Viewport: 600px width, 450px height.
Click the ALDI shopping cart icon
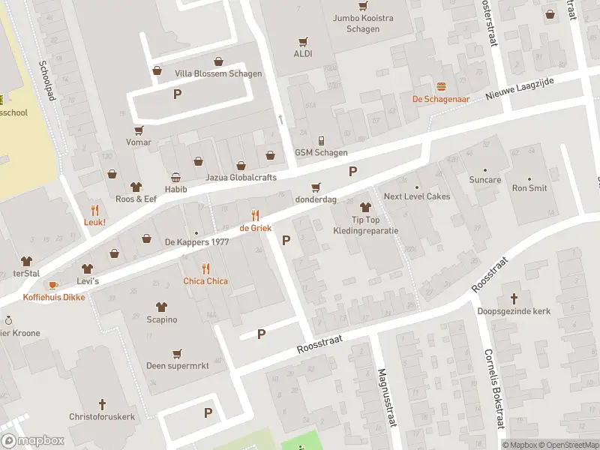coord(303,42)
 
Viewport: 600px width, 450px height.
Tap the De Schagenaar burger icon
coord(441,87)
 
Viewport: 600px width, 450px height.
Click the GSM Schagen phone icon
coord(321,141)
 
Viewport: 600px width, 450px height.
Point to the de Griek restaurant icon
coord(255,215)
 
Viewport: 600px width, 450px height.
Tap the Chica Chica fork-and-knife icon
coord(205,268)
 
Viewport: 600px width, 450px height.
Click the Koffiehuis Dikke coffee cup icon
coord(53,285)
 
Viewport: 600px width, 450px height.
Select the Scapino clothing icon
coord(161,307)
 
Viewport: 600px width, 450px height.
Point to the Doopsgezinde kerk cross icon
coord(514,298)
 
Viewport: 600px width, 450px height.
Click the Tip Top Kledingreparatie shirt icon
coord(365,206)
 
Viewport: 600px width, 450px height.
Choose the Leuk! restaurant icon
coord(94,210)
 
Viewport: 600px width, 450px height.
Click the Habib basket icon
coord(175,178)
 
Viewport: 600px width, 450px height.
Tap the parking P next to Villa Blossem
coord(178,94)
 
